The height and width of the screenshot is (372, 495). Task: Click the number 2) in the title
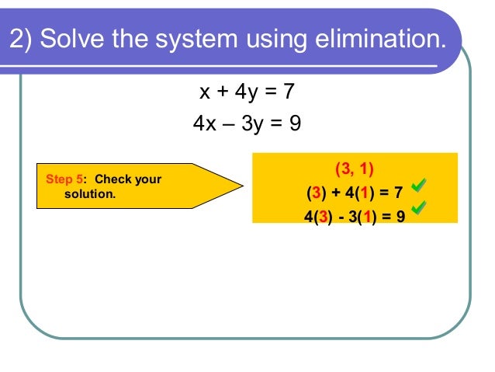click(x=21, y=39)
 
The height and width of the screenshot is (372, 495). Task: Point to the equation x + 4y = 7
click(x=247, y=92)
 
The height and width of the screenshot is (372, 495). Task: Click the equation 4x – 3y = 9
click(x=247, y=123)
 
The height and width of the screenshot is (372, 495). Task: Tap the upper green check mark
click(x=419, y=185)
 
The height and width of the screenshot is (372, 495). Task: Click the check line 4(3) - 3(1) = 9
click(x=355, y=215)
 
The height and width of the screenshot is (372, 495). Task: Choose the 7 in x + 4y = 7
click(x=289, y=92)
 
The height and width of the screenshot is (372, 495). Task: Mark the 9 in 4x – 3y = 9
click(x=295, y=123)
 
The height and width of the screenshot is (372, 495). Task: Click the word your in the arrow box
click(x=148, y=179)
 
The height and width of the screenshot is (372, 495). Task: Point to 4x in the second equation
click(x=205, y=123)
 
